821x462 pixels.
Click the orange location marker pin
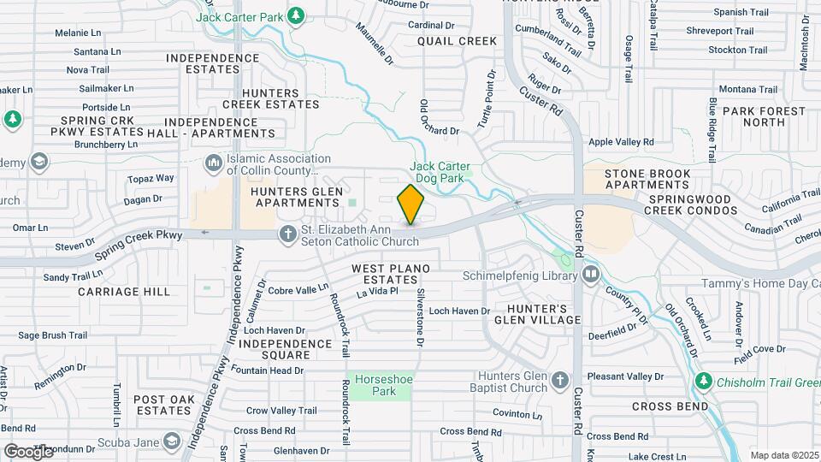tap(411, 204)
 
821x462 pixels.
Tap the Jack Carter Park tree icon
tap(296, 15)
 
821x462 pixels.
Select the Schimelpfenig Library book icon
tap(591, 275)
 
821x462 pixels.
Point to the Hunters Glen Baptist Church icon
tap(559, 380)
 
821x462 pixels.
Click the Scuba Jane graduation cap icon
tap(170, 441)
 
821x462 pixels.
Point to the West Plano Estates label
tap(387, 274)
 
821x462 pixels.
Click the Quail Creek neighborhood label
tap(457, 41)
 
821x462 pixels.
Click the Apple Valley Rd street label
tap(621, 142)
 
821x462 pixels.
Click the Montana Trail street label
tap(748, 89)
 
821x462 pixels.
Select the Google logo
tap(29, 451)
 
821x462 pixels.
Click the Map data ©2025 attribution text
tap(784, 455)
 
